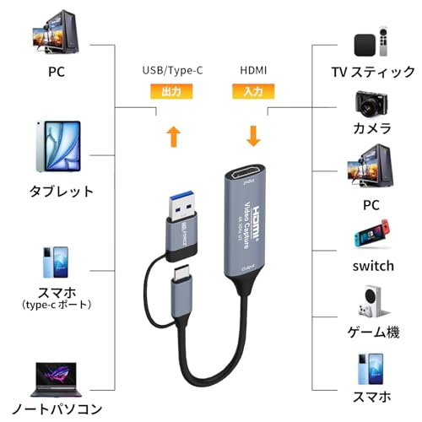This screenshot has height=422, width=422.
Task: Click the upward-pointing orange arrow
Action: [x=173, y=136]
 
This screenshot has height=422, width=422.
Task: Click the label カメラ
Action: [x=372, y=128]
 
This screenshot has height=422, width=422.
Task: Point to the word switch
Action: [x=372, y=266]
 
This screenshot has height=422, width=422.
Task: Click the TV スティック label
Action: [x=371, y=73]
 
